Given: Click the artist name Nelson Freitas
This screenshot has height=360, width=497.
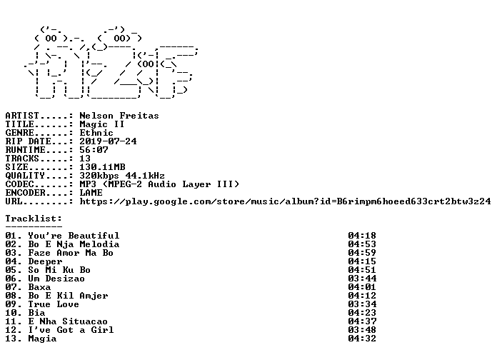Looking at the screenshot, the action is [119, 116].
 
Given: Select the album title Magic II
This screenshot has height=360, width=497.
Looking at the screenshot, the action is [101, 124].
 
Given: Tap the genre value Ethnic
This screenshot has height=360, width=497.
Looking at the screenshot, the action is [96, 133].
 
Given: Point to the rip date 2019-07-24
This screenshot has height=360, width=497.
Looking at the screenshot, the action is [108, 141].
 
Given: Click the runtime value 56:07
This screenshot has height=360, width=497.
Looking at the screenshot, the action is [94, 150].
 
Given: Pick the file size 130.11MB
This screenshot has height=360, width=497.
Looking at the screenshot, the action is [102, 167].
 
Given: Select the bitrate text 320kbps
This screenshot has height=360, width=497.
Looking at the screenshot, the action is [99, 176].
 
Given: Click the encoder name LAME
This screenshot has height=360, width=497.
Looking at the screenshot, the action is [91, 193].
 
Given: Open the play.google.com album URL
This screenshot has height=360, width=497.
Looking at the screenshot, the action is [285, 201].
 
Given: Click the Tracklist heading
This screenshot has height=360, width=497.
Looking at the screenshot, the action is [34, 219].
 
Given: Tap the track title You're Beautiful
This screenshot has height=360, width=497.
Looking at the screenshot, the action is [74, 236].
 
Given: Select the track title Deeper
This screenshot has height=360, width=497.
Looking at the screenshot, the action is [45, 261].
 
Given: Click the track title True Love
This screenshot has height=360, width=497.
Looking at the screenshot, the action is [54, 304].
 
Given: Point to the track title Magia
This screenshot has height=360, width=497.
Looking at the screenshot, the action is [42, 339].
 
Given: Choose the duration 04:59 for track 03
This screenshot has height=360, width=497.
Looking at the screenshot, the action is [362, 253].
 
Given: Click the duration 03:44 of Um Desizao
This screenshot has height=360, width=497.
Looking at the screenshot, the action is [362, 279].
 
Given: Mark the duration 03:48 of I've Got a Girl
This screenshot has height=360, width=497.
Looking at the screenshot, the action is [362, 330].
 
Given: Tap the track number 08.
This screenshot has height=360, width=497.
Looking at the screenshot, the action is [11, 296].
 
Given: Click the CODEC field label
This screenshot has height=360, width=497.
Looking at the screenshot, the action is [19, 184].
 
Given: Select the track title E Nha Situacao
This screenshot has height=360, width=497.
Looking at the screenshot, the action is [68, 321].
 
